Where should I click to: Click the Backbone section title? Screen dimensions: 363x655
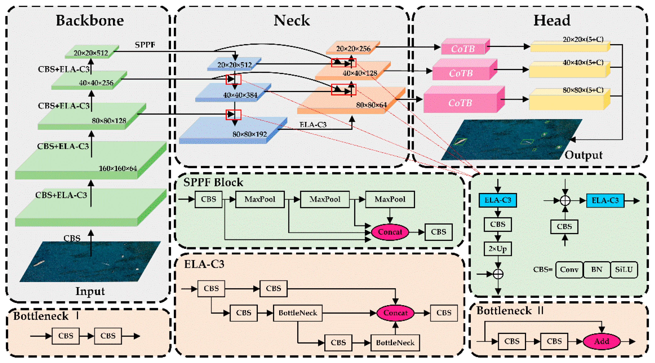(90, 20)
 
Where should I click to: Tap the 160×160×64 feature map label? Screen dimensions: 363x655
(118, 168)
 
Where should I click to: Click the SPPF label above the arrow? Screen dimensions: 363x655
(145, 45)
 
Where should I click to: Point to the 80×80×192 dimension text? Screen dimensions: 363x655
(250, 134)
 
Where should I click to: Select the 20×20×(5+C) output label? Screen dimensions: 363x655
(583, 39)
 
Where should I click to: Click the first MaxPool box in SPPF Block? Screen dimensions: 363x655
(260, 199)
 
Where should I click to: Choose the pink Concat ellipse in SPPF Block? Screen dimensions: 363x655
(390, 232)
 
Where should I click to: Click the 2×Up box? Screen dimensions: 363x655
(498, 249)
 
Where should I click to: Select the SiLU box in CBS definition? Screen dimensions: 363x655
(624, 270)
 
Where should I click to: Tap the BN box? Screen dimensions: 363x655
(597, 270)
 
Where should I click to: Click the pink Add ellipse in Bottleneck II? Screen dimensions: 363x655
(601, 341)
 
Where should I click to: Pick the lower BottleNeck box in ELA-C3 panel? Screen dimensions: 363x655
(395, 343)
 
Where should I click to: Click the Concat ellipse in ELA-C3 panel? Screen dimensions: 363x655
(395, 313)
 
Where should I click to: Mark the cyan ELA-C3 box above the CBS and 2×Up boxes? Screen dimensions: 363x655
(498, 200)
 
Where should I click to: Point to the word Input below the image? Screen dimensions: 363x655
(90, 291)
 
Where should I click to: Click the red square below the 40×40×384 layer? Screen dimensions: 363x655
(233, 115)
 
